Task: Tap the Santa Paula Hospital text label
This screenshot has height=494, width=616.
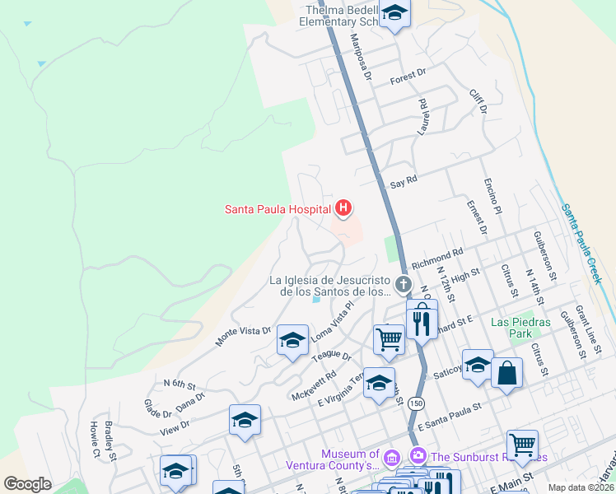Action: pos(278,209)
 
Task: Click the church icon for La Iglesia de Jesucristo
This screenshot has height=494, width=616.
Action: pos(403,286)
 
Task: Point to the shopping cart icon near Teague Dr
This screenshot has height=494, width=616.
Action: pos(388,338)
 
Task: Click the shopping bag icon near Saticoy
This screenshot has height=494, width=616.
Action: pos(506,372)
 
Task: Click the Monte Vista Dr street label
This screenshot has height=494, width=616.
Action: pos(243,332)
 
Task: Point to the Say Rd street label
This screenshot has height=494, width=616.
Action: pos(404,180)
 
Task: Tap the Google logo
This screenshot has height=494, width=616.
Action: pos(27,484)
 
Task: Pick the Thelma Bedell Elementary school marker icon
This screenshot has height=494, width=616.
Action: pos(395,15)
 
